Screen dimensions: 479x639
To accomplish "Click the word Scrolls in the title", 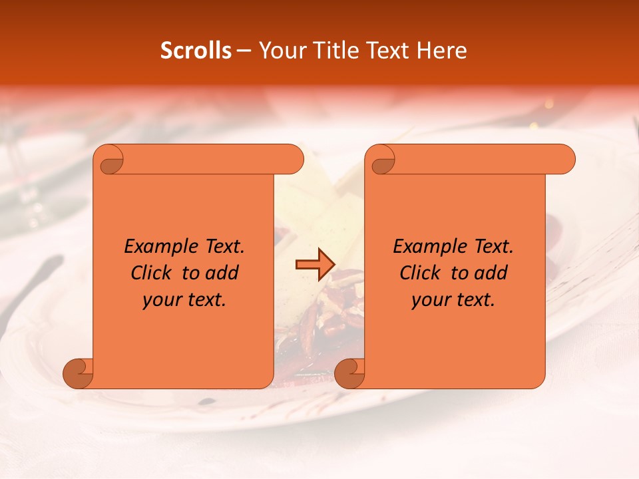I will [196, 51].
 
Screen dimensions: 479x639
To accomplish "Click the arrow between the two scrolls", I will [314, 265].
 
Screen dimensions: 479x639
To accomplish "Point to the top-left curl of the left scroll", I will [109, 160].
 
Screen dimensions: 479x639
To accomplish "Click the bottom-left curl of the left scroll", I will [78, 373].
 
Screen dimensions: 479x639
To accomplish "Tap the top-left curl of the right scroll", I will [381, 160].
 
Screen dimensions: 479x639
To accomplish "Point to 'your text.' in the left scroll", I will [184, 299].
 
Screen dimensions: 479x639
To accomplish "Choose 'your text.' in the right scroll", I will [453, 299].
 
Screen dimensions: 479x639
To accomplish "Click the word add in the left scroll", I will [221, 273].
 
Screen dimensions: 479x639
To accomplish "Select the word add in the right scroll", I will [490, 273].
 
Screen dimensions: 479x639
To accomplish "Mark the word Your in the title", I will [282, 51].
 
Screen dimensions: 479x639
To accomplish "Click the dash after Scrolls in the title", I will [244, 51].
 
